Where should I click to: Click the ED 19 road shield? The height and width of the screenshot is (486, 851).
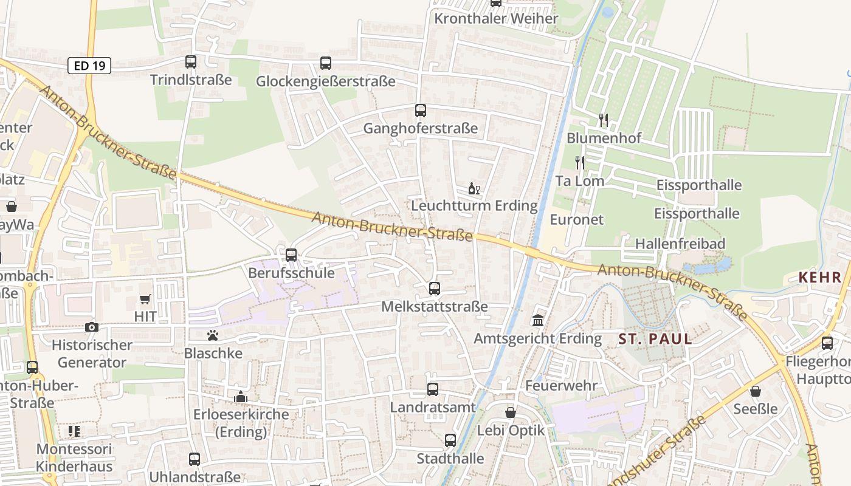coord(89,66)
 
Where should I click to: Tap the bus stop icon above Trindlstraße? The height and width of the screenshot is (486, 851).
coord(191,61)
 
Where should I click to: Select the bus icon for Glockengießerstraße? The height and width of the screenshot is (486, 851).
coord(326,63)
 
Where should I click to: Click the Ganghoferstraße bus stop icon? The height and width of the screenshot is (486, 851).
coord(421,110)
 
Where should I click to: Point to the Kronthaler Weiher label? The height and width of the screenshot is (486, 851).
coord(496,18)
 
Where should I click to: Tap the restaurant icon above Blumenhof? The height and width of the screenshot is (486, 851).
coord(604,120)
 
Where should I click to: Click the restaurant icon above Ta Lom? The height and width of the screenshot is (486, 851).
coord(580,162)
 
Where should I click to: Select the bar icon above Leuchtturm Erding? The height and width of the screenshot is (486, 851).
coord(474,189)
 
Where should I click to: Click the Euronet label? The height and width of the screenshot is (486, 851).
coord(577,219)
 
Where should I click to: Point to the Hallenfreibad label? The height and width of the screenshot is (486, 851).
coord(680,244)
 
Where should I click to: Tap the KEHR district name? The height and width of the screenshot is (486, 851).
coord(820,278)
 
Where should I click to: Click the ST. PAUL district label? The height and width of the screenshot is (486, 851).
coord(655,339)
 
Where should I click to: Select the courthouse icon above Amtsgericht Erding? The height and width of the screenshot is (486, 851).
coord(538,320)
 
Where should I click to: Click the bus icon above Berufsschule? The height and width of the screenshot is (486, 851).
coord(291,255)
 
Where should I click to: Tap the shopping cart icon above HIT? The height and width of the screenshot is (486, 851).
coord(145,298)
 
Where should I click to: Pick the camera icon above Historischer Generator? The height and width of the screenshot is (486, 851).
coord(92,327)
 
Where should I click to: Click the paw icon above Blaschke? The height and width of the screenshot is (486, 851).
coord(213,335)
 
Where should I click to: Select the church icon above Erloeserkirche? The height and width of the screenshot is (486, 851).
coord(241,397)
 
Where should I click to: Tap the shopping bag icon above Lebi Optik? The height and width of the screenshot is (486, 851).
coord(511,412)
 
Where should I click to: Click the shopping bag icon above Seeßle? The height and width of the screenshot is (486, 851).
coord(756,391)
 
